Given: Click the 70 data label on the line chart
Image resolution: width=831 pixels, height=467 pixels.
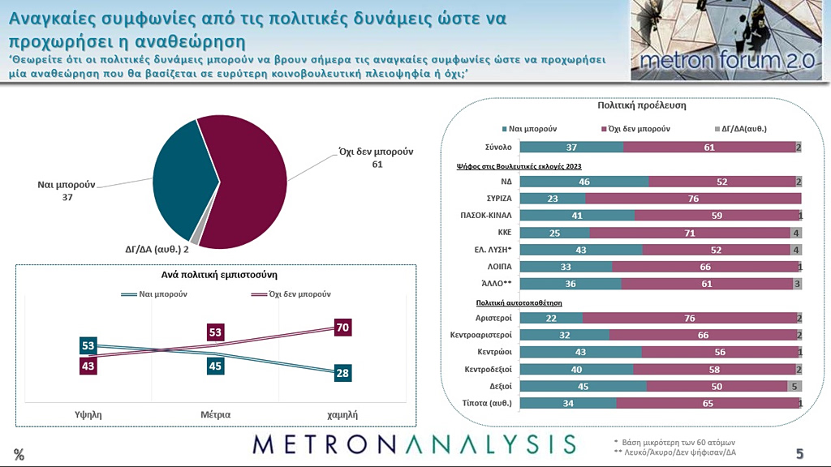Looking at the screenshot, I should coord(341,328).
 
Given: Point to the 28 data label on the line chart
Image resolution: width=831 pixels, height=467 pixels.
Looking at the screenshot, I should coord(341,373).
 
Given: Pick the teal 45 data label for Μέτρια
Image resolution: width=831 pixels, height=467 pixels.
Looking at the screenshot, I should coord(215,366).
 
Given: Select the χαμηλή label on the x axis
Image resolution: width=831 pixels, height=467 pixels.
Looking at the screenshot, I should coord(342,413).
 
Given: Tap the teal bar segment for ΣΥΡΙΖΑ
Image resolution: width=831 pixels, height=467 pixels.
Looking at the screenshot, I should coord(552,198).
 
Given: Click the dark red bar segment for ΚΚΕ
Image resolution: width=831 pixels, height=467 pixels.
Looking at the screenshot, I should coord(690,233).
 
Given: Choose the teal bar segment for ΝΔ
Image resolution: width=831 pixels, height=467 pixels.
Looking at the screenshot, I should coord(584,182).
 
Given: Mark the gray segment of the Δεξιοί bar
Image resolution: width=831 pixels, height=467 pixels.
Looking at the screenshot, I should coord(794,386).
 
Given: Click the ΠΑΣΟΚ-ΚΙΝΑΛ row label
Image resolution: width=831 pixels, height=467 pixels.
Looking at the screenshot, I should coord(485,216).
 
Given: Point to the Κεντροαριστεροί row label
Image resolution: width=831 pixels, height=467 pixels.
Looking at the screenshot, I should coord(480,335).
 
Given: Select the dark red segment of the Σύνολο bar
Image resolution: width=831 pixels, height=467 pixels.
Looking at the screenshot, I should coord(709,147).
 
